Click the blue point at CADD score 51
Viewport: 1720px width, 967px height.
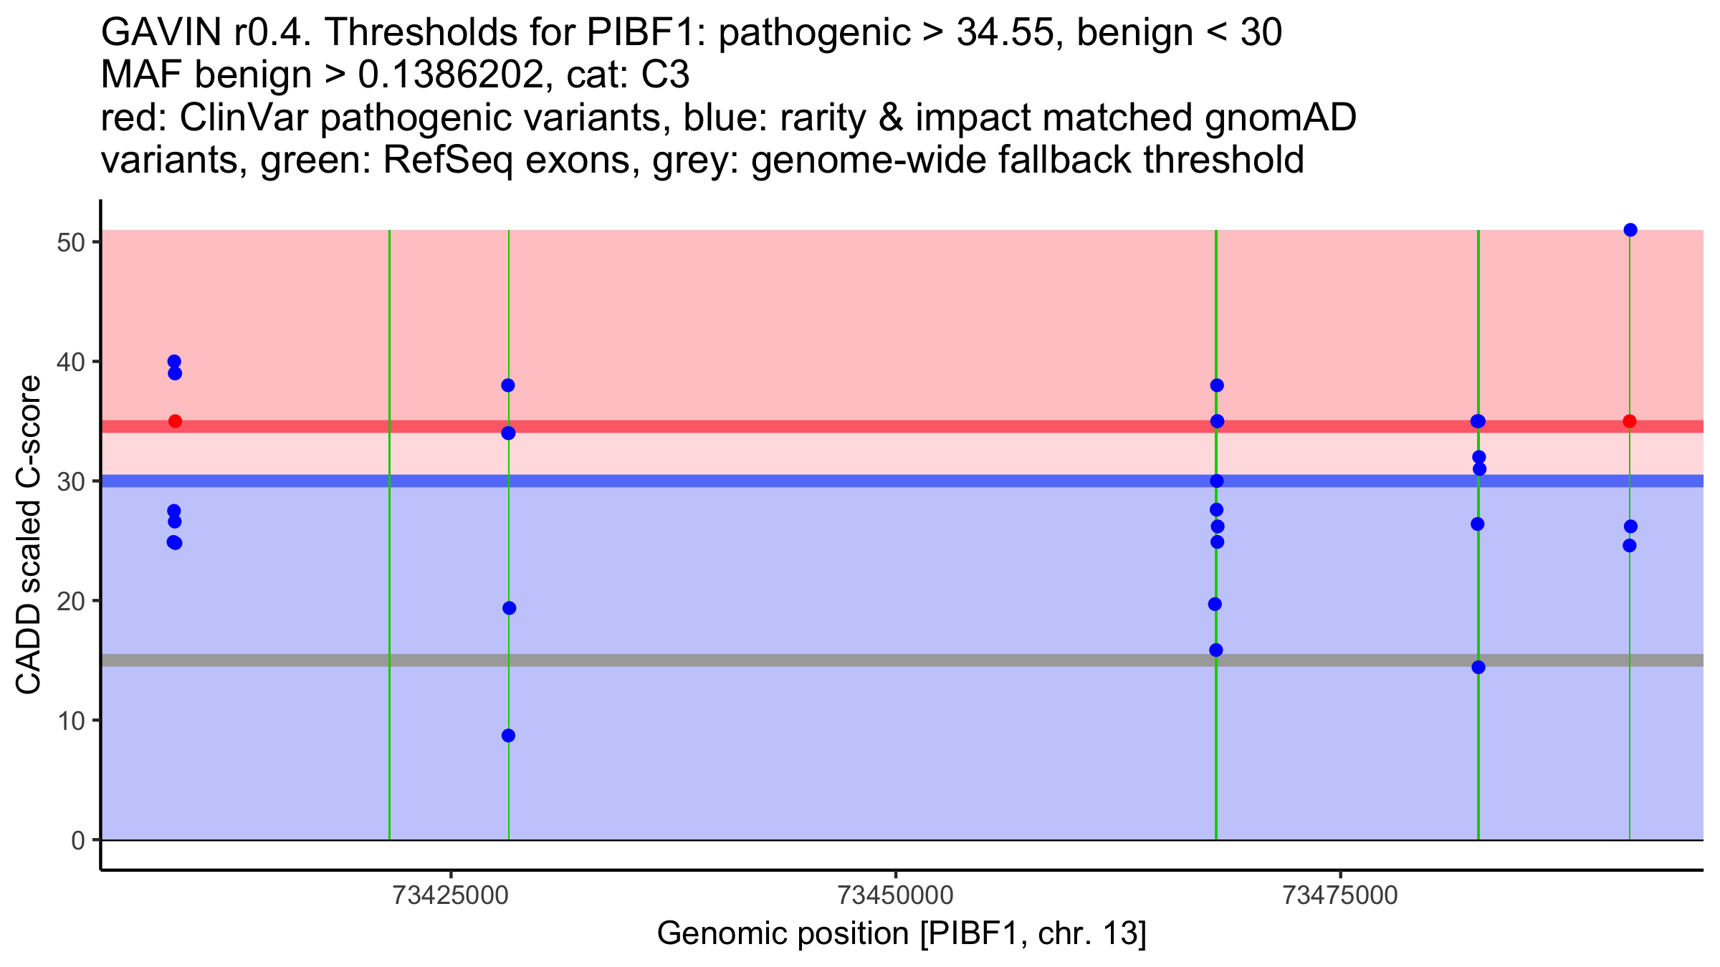pyautogui.click(x=1630, y=230)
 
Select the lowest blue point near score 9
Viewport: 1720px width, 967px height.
pyautogui.click(x=508, y=736)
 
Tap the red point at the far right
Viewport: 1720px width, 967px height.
pyautogui.click(x=1630, y=421)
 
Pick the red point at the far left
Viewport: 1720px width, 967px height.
pyautogui.click(x=175, y=421)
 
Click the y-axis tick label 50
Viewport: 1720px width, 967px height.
pyautogui.click(x=70, y=242)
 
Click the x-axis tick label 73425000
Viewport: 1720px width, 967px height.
pyautogui.click(x=451, y=896)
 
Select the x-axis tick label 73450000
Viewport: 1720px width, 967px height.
pyautogui.click(x=896, y=896)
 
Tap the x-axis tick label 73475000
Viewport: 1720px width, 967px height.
pyautogui.click(x=1340, y=896)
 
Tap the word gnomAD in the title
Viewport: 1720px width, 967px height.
pyautogui.click(x=1280, y=118)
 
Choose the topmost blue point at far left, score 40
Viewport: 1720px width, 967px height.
pyautogui.click(x=174, y=362)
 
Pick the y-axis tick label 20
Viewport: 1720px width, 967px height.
pyautogui.click(x=70, y=601)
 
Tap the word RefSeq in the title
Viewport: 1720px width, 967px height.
pyautogui.click(x=447, y=160)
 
